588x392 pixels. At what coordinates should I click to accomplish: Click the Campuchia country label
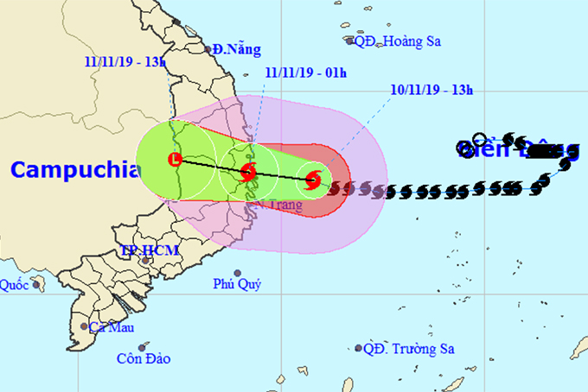pos(74,169)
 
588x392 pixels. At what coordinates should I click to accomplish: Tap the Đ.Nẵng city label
pos(236,50)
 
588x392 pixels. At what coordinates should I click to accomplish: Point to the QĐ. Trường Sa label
pos(409,349)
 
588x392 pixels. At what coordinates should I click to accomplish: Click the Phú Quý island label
pos(237,284)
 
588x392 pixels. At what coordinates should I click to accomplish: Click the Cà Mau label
pos(110,327)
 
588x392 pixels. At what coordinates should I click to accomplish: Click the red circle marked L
pos(176,160)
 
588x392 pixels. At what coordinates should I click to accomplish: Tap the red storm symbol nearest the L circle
pos(248,171)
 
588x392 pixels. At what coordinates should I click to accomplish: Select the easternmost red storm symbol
pos(313,180)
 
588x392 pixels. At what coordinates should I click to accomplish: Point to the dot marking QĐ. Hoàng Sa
pos(350,41)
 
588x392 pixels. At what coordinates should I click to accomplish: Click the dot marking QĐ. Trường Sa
pos(358,349)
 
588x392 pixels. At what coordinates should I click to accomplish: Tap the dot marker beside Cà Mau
pos(84,326)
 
